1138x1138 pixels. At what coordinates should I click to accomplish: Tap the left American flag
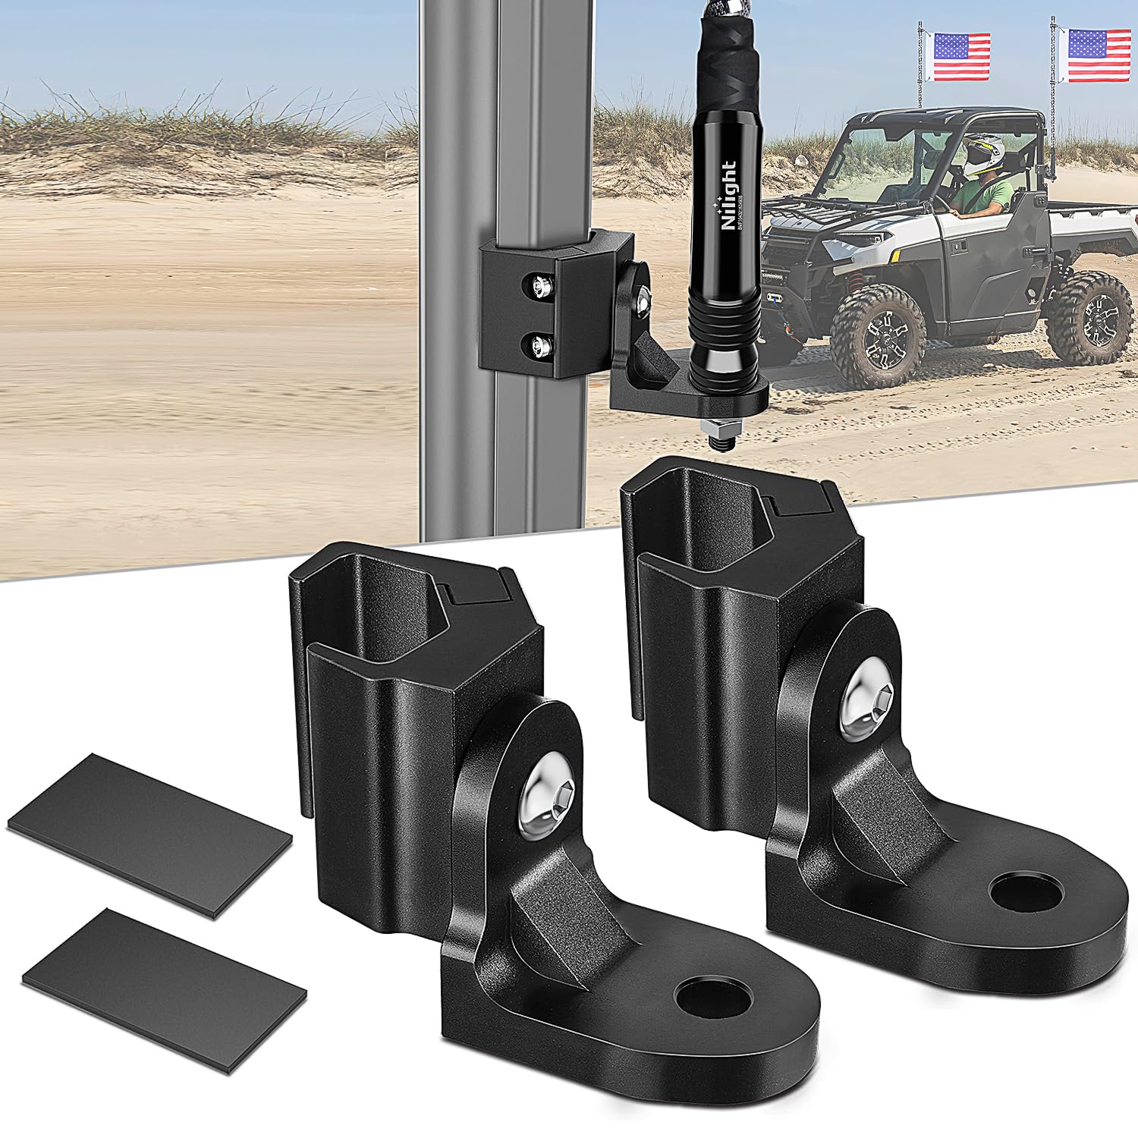tap(961, 56)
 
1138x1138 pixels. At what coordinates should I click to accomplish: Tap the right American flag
tap(1098, 55)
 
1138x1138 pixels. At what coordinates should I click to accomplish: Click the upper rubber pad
tap(149, 835)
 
